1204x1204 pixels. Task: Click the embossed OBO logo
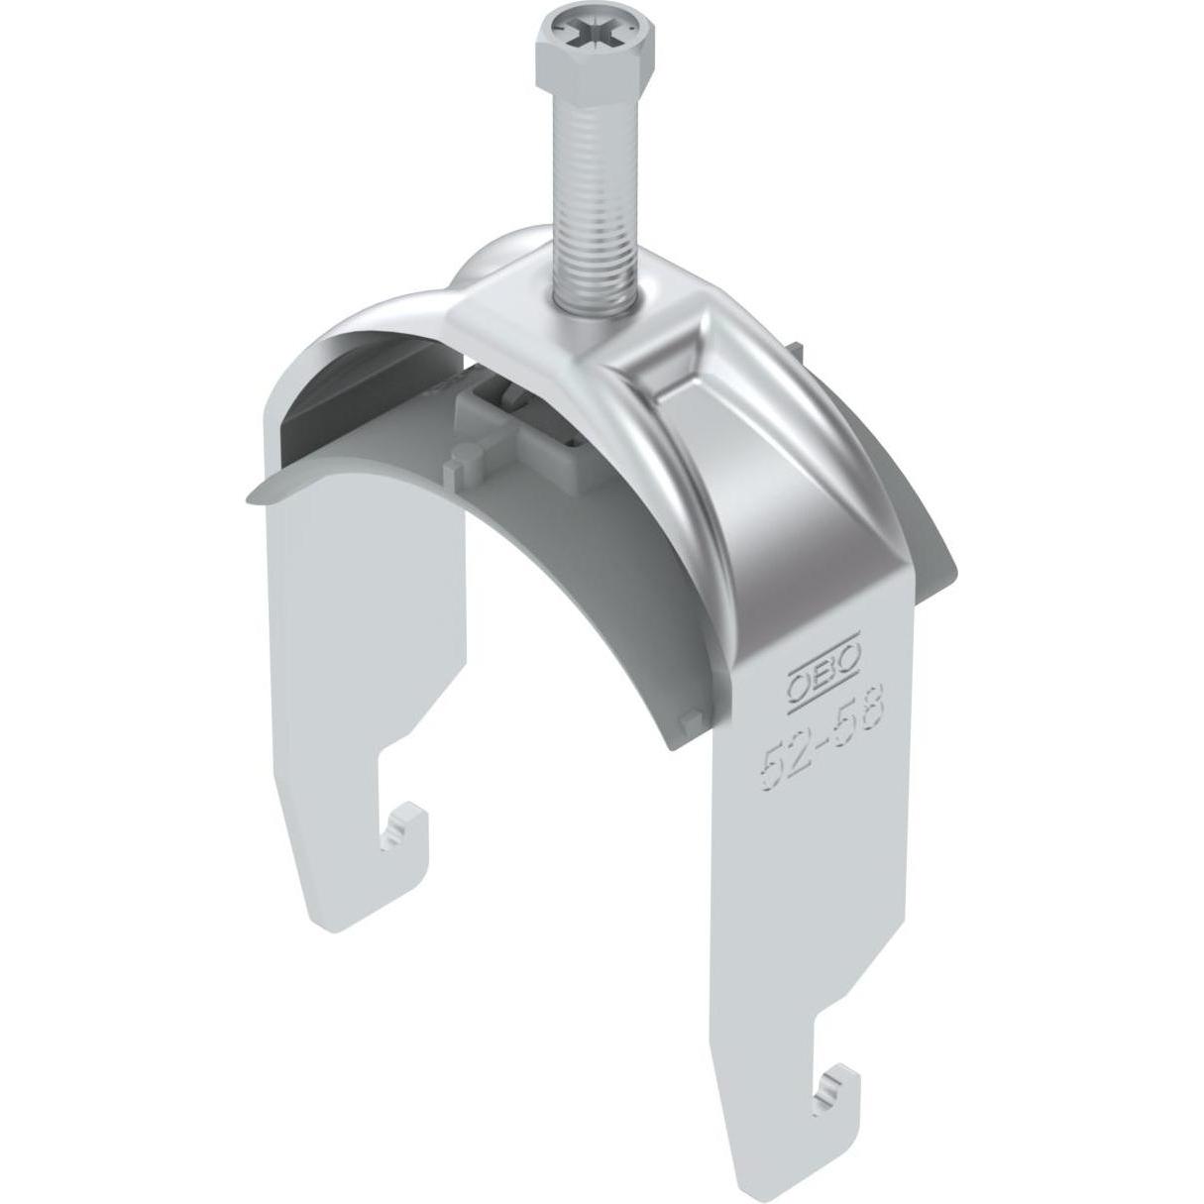click(822, 684)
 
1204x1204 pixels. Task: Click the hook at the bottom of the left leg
click(406, 835)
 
